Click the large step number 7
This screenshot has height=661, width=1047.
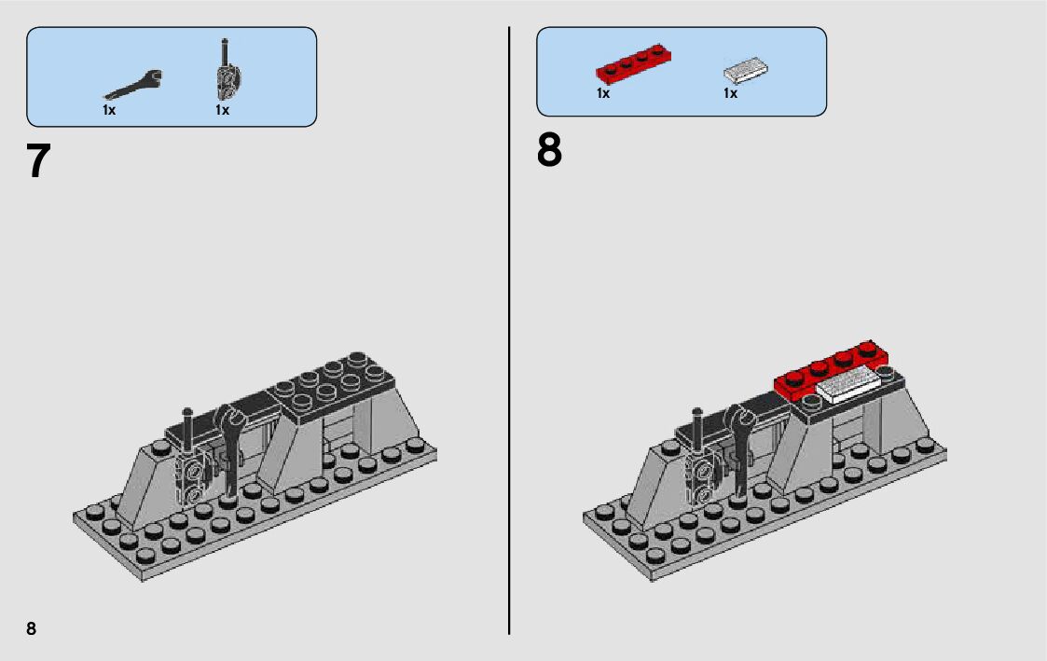(37, 161)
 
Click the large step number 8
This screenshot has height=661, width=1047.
(549, 151)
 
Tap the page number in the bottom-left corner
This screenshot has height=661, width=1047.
(32, 628)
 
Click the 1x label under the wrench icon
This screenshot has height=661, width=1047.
(109, 110)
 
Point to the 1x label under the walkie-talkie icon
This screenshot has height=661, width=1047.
(222, 110)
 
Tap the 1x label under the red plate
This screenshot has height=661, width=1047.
(603, 93)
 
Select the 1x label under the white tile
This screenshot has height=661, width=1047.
(730, 93)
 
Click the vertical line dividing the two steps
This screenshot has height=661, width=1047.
(509, 326)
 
